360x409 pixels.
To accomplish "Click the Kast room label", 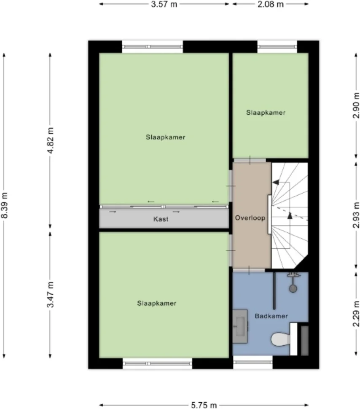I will pyautogui.click(x=161, y=219).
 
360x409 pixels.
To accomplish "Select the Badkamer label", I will pyautogui.click(x=271, y=315).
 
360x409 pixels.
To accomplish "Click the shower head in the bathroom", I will pyautogui.click(x=292, y=288).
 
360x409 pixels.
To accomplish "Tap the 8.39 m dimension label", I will pyautogui.click(x=5, y=205).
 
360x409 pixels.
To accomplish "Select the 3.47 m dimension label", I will pyautogui.click(x=50, y=294).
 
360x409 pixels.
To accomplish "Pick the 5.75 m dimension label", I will pyautogui.click(x=204, y=405).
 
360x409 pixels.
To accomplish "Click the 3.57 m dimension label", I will pyautogui.click(x=164, y=4).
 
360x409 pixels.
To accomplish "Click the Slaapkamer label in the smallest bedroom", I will pyautogui.click(x=266, y=113).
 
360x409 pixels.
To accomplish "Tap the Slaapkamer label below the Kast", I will pyautogui.click(x=156, y=303).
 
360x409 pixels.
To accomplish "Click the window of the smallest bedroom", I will pyautogui.click(x=277, y=46).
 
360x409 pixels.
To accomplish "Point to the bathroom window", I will pyautogui.click(x=253, y=362).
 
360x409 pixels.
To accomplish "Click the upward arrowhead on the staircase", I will pyautogui.click(x=290, y=215).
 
